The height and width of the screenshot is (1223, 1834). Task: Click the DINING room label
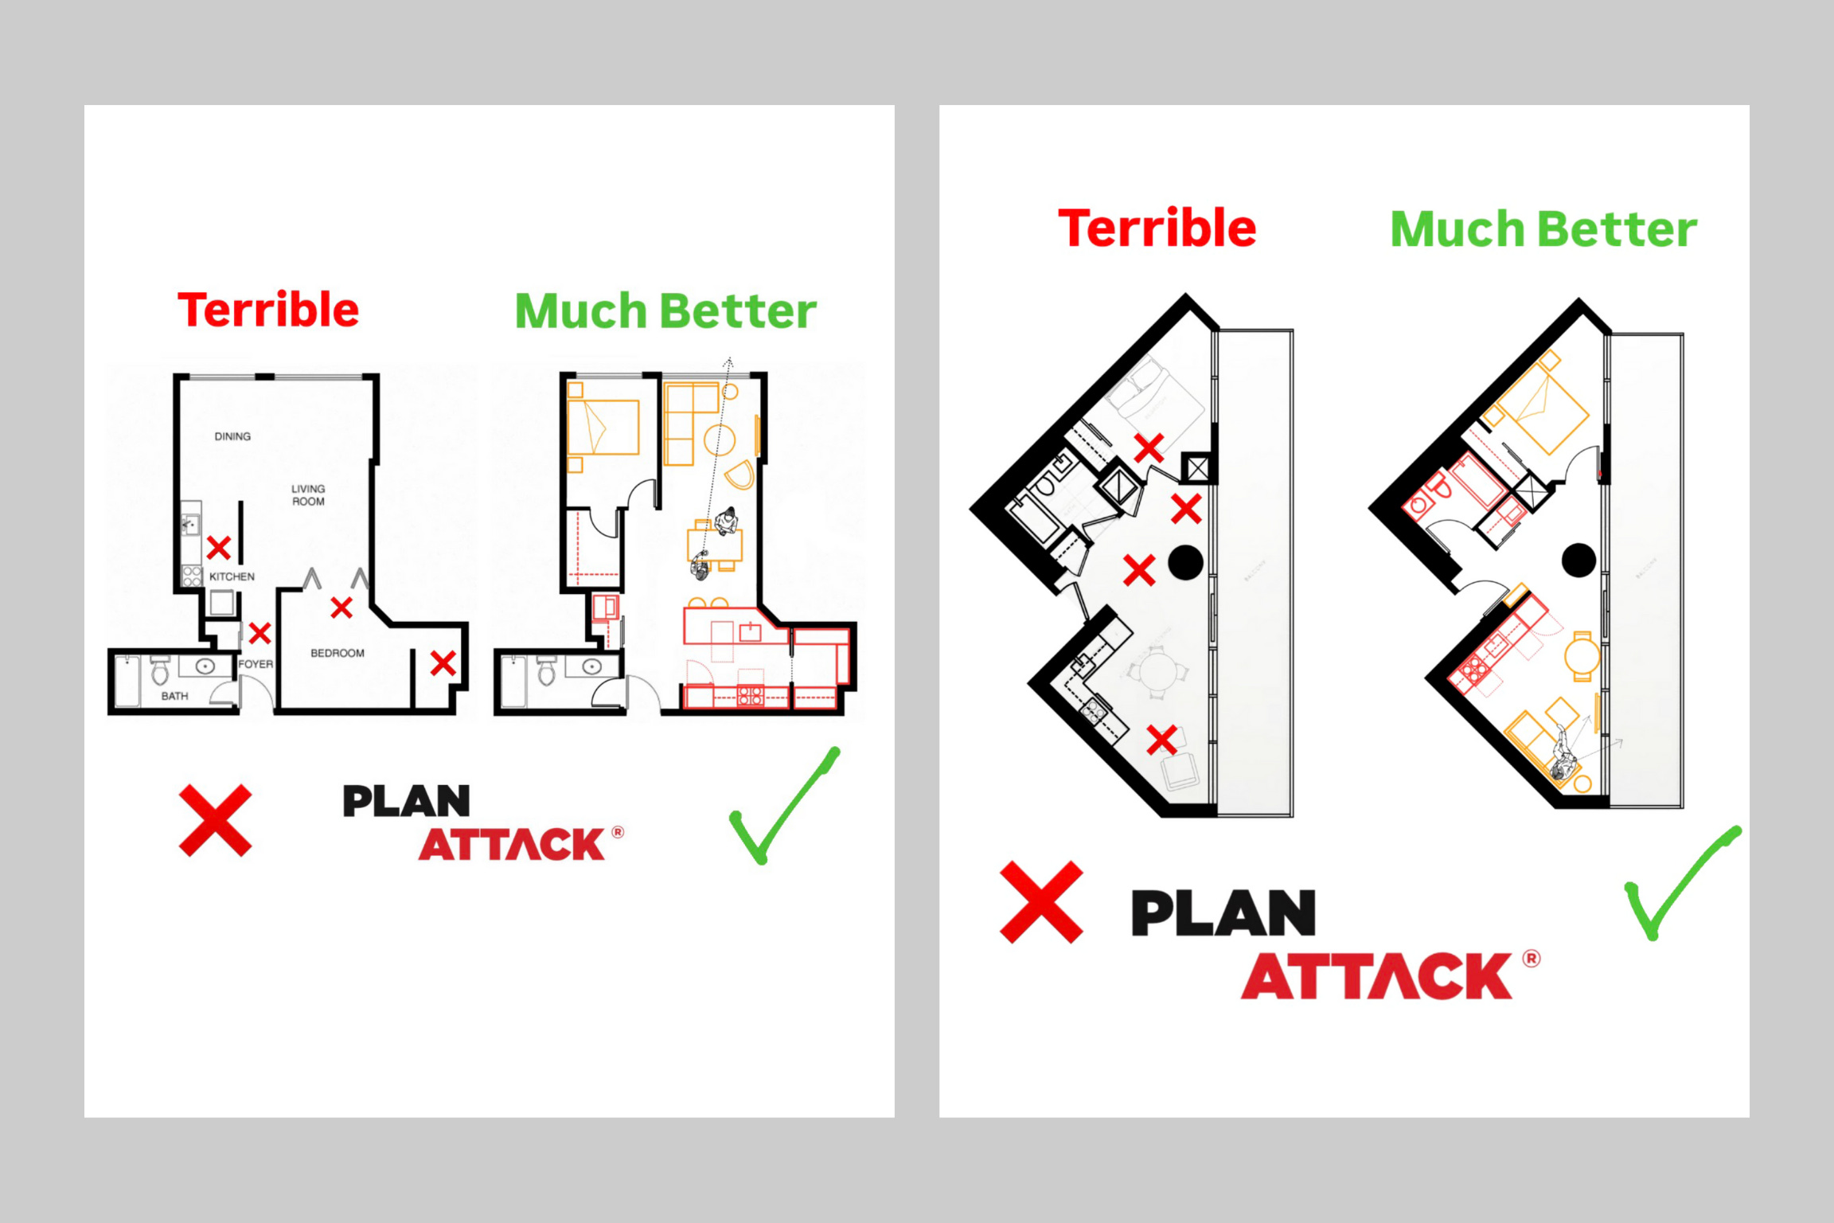[232, 436]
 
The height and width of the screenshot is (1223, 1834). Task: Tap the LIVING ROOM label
[308, 494]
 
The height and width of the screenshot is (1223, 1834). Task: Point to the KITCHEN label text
[232, 576]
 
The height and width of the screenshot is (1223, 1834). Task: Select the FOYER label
[256, 664]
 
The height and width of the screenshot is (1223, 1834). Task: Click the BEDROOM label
[338, 653]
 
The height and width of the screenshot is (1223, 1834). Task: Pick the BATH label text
[174, 696]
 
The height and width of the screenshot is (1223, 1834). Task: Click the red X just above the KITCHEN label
[219, 548]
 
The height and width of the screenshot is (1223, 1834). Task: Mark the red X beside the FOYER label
[259, 633]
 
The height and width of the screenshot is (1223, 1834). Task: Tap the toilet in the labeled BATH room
[160, 671]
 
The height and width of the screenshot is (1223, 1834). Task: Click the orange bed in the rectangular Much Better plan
[603, 428]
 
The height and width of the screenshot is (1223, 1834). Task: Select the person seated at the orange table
[726, 521]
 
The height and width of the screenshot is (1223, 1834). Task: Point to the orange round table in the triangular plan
[1582, 658]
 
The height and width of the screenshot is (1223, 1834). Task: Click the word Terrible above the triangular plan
[1157, 229]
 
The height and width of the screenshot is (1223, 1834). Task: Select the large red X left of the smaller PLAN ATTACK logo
[215, 820]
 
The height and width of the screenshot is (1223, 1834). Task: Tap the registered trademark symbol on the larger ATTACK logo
[1532, 959]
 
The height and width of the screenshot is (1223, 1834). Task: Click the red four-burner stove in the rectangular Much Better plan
[750, 696]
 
